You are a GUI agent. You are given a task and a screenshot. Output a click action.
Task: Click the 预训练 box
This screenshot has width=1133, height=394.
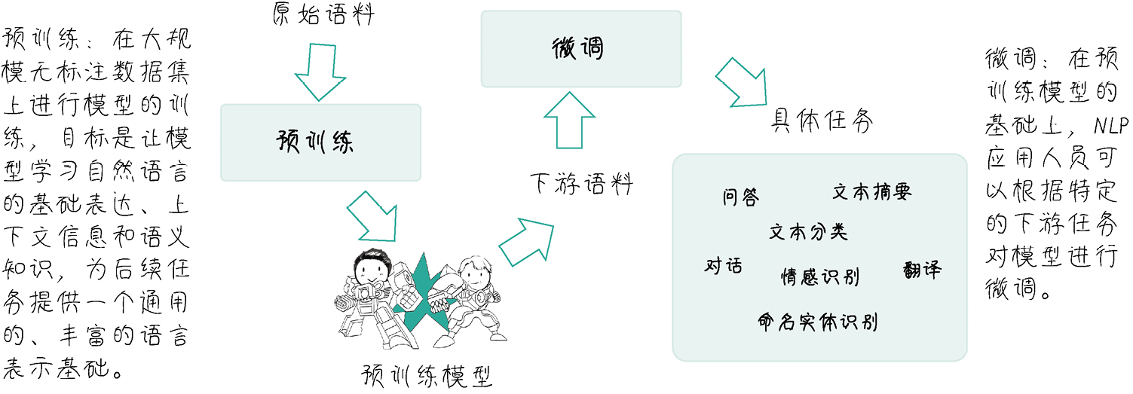[320, 142]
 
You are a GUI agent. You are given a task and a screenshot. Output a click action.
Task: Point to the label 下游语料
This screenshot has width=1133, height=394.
[580, 183]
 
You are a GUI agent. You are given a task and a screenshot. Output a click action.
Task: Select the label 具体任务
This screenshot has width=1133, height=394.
[821, 121]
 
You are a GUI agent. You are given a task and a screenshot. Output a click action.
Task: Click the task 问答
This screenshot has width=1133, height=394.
[740, 197]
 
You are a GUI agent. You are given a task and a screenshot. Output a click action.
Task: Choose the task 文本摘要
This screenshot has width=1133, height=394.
[871, 192]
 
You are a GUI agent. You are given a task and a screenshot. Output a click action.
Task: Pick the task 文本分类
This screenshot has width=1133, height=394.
[808, 231]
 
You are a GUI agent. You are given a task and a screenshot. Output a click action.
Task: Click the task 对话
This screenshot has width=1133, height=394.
[723, 266]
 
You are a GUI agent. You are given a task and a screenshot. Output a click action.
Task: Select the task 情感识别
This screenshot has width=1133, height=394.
[819, 276]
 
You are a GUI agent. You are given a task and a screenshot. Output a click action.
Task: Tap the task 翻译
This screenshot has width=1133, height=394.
[921, 270]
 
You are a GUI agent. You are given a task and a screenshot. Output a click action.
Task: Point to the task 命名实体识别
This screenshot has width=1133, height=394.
[817, 322]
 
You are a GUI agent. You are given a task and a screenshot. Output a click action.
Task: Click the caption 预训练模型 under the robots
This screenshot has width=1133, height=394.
[427, 375]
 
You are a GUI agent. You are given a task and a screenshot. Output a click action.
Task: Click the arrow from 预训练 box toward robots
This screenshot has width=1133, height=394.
[373, 214]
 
